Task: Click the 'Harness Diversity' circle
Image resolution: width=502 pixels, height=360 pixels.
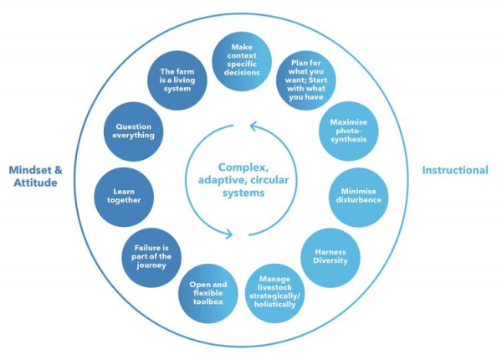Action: pyautogui.click(x=330, y=255)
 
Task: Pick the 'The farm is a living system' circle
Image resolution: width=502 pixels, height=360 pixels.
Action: pyautogui.click(x=182, y=80)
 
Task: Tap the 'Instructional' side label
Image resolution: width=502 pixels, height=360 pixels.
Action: pyautogui.click(x=455, y=170)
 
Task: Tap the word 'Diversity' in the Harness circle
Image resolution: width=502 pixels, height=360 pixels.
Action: pyautogui.click(x=330, y=260)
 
